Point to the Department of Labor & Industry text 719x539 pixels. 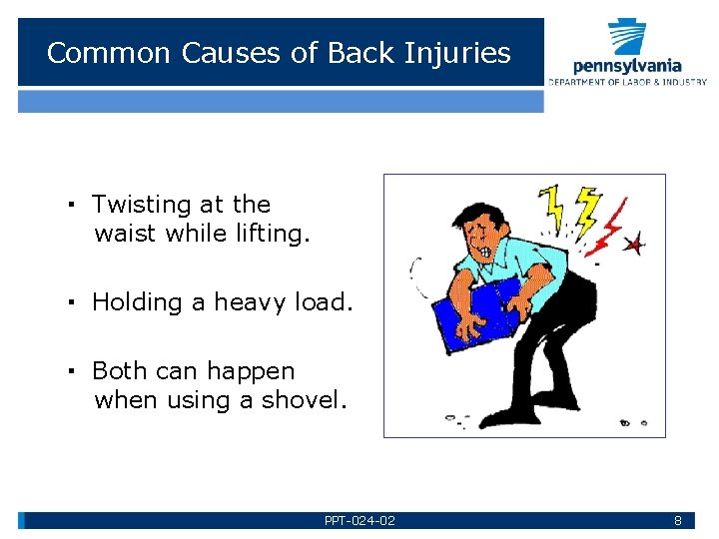pos(626,82)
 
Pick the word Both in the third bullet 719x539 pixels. pos(121,371)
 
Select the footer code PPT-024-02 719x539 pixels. pos(359,521)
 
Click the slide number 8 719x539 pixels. pos(677,521)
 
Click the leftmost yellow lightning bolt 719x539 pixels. pos(552,205)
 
